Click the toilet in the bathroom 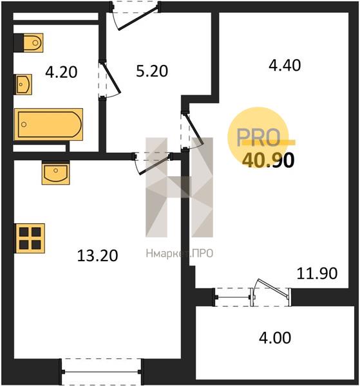(33, 42)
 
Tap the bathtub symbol (48, 124)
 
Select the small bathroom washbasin (24, 84)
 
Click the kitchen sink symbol (55, 173)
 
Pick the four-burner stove (30, 238)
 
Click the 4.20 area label (61, 72)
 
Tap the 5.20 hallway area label (152, 71)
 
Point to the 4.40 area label (285, 65)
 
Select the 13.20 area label (98, 255)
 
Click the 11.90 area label (317, 273)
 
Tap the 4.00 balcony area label (275, 338)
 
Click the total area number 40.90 (269, 160)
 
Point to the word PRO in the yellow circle (258, 137)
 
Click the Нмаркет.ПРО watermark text (180, 253)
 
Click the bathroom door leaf (111, 78)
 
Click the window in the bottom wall (101, 372)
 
